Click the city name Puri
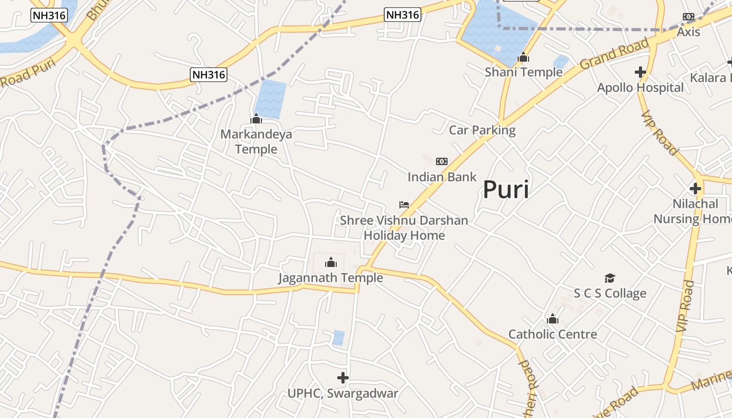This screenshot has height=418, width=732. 505,189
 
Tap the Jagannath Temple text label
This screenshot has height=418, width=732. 330,277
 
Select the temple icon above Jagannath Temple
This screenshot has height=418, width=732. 330,262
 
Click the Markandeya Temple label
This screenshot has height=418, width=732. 256,142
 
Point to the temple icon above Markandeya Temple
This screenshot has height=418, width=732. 256,119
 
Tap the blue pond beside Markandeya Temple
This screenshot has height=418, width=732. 271,98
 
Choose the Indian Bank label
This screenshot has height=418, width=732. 442,177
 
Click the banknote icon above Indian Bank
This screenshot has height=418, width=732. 442,161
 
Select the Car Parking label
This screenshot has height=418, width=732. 482,130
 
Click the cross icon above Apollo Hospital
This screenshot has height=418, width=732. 640,72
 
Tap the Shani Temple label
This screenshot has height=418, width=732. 523,72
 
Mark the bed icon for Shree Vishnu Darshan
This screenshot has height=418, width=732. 404,204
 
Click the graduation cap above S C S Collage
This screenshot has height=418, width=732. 610,278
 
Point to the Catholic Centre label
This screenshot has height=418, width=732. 553,334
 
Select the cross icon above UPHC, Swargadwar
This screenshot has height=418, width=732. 343,377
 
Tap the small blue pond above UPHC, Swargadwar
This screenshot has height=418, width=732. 338,338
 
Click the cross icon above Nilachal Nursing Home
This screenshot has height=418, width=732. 695,189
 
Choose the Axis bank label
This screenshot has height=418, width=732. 688,32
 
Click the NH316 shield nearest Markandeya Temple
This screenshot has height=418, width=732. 209,75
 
